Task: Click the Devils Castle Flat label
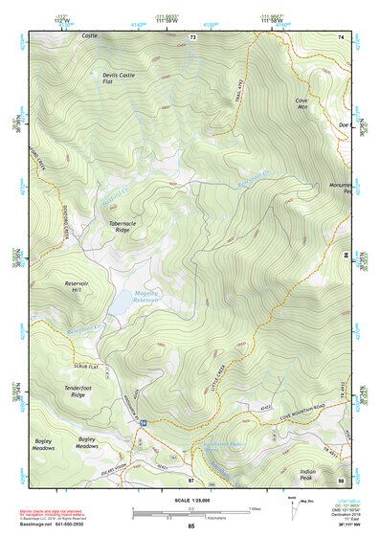point(123,78)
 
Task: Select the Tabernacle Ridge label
point(118,227)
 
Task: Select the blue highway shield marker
point(142,422)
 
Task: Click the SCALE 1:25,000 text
point(190,502)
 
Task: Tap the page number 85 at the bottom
point(191,527)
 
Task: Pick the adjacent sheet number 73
point(192,36)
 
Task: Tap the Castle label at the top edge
point(90,35)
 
